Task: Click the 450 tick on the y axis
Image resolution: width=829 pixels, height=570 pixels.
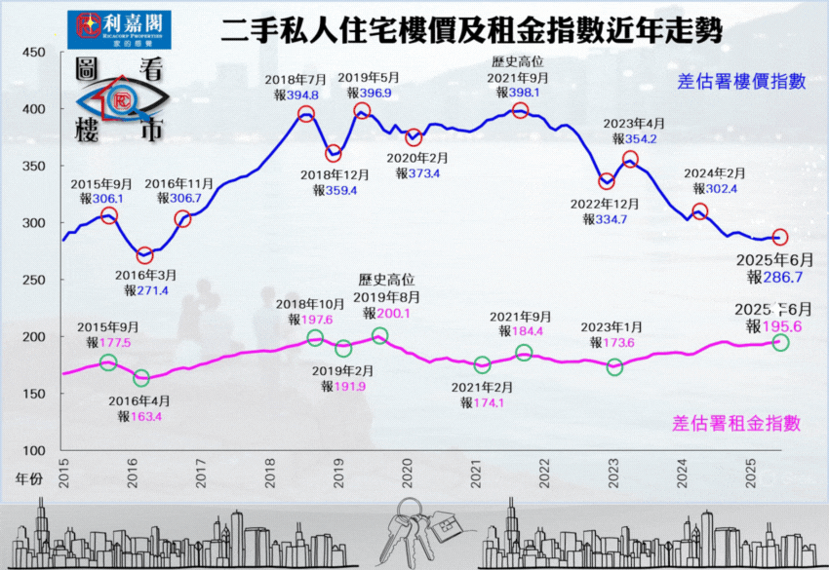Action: point(33,53)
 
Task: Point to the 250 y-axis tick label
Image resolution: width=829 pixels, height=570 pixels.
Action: point(33,280)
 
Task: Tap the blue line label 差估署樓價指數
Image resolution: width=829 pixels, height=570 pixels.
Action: point(742,82)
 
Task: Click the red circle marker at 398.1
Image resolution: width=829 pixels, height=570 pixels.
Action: point(520,110)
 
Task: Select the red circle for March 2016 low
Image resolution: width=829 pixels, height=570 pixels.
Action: point(144,255)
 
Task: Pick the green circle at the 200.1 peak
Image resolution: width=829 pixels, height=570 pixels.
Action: point(379,336)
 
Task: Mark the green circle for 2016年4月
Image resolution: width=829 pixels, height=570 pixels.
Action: point(141,378)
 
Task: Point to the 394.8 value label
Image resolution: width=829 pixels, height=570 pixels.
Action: point(301,95)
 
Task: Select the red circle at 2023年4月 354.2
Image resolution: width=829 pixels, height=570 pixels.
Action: point(630,159)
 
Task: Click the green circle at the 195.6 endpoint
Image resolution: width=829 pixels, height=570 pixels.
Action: point(781,342)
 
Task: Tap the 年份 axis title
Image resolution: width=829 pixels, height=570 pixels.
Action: point(30,479)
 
